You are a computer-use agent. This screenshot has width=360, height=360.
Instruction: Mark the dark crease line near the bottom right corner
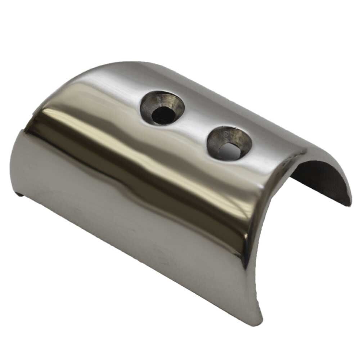pos(248,259)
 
